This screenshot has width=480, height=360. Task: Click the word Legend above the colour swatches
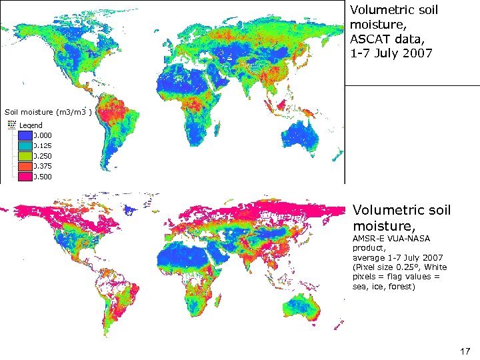pyautogui.click(x=31, y=125)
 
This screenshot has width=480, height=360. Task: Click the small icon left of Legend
pyautogui.click(x=11, y=125)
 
